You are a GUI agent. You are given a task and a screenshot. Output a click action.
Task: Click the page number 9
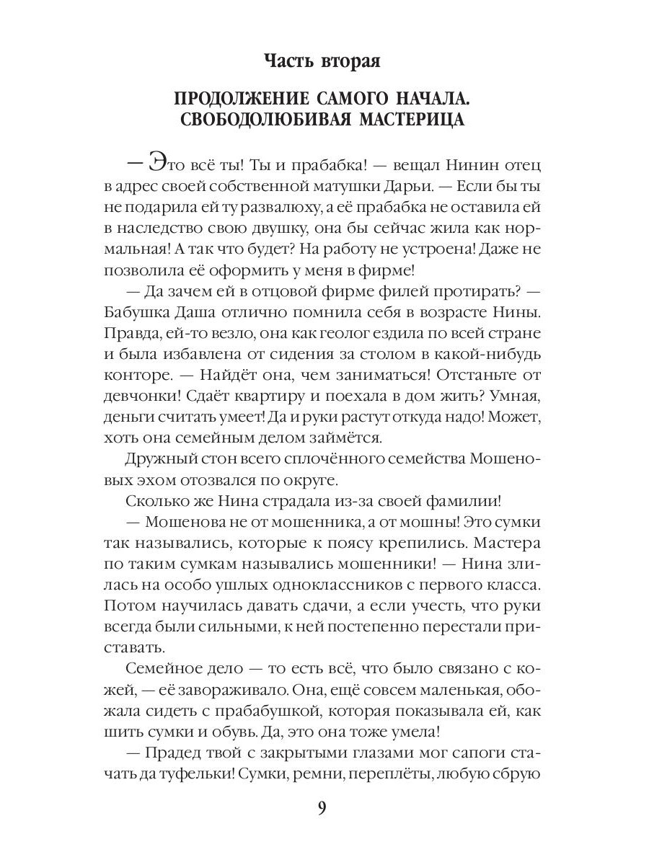click(x=323, y=807)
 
